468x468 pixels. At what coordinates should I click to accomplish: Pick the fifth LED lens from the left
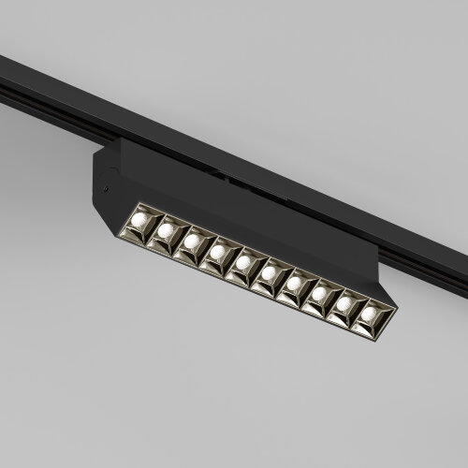point(243,262)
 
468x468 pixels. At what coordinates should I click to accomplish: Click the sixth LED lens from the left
point(270,273)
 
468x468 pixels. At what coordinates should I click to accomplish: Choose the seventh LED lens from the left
point(295,284)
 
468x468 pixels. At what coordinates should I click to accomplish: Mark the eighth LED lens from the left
point(320,295)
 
